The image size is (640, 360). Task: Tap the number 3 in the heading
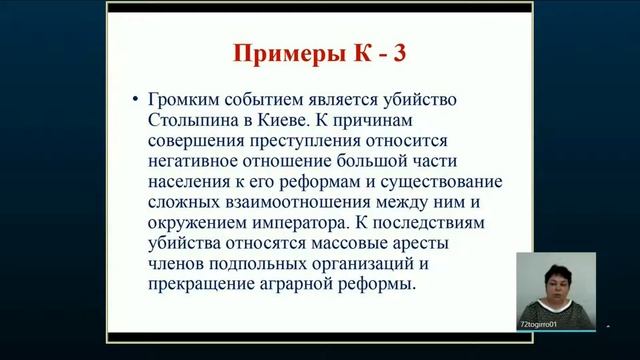click(399, 53)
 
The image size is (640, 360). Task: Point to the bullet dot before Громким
click(135, 102)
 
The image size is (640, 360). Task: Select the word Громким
click(185, 102)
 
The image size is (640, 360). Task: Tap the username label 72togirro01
click(539, 324)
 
